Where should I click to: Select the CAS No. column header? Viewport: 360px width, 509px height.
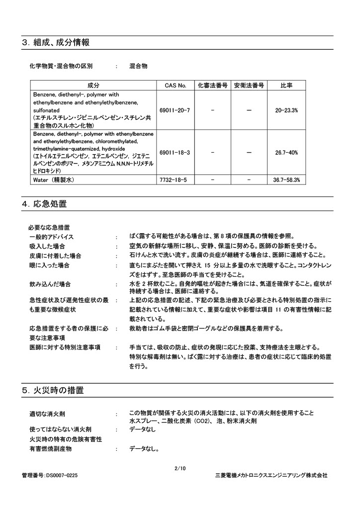coord(175,85)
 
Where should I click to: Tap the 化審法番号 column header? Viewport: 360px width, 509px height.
coord(212,85)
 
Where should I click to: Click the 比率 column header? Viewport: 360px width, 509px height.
coord(286,85)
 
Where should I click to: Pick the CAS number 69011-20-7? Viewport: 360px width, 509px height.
coord(175,110)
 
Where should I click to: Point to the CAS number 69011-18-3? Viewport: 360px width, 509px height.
coord(175,152)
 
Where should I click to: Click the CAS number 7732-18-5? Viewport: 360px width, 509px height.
coord(173,179)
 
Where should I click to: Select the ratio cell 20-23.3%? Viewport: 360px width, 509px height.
coord(286,110)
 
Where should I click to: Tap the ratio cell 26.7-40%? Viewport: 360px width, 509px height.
coord(286,152)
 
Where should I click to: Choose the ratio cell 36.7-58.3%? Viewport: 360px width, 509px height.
coord(286,179)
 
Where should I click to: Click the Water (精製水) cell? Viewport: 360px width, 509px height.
coord(54,179)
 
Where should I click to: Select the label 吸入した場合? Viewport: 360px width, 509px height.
coord(47,246)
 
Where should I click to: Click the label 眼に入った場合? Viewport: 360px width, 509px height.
coord(49,265)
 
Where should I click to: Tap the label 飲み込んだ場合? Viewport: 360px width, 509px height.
coord(50,284)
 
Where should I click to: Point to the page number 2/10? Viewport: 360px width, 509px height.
coord(180,468)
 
